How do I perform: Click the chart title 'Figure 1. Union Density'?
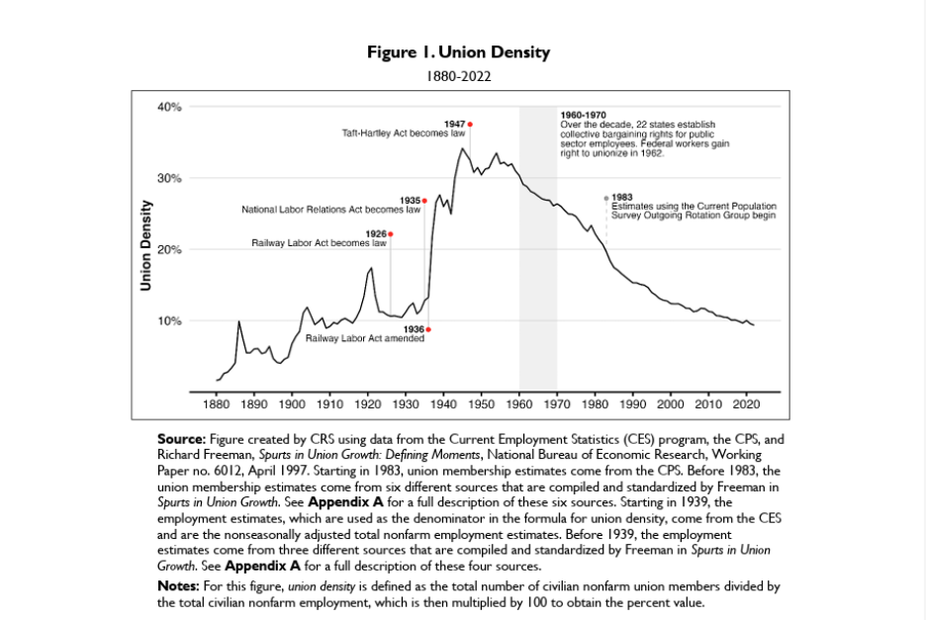tap(458, 51)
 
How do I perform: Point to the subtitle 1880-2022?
tap(458, 75)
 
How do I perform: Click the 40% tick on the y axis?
tap(169, 107)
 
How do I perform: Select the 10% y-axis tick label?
tap(169, 321)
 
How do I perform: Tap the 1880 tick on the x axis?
tap(216, 404)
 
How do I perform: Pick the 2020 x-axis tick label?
tap(746, 404)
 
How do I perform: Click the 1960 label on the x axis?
tap(519, 404)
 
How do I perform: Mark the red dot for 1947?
tap(470, 124)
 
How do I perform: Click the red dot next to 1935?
tap(424, 201)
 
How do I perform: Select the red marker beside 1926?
tap(391, 234)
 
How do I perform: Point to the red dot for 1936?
tap(428, 329)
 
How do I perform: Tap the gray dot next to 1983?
tap(606, 198)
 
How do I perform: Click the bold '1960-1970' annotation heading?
tap(583, 116)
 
